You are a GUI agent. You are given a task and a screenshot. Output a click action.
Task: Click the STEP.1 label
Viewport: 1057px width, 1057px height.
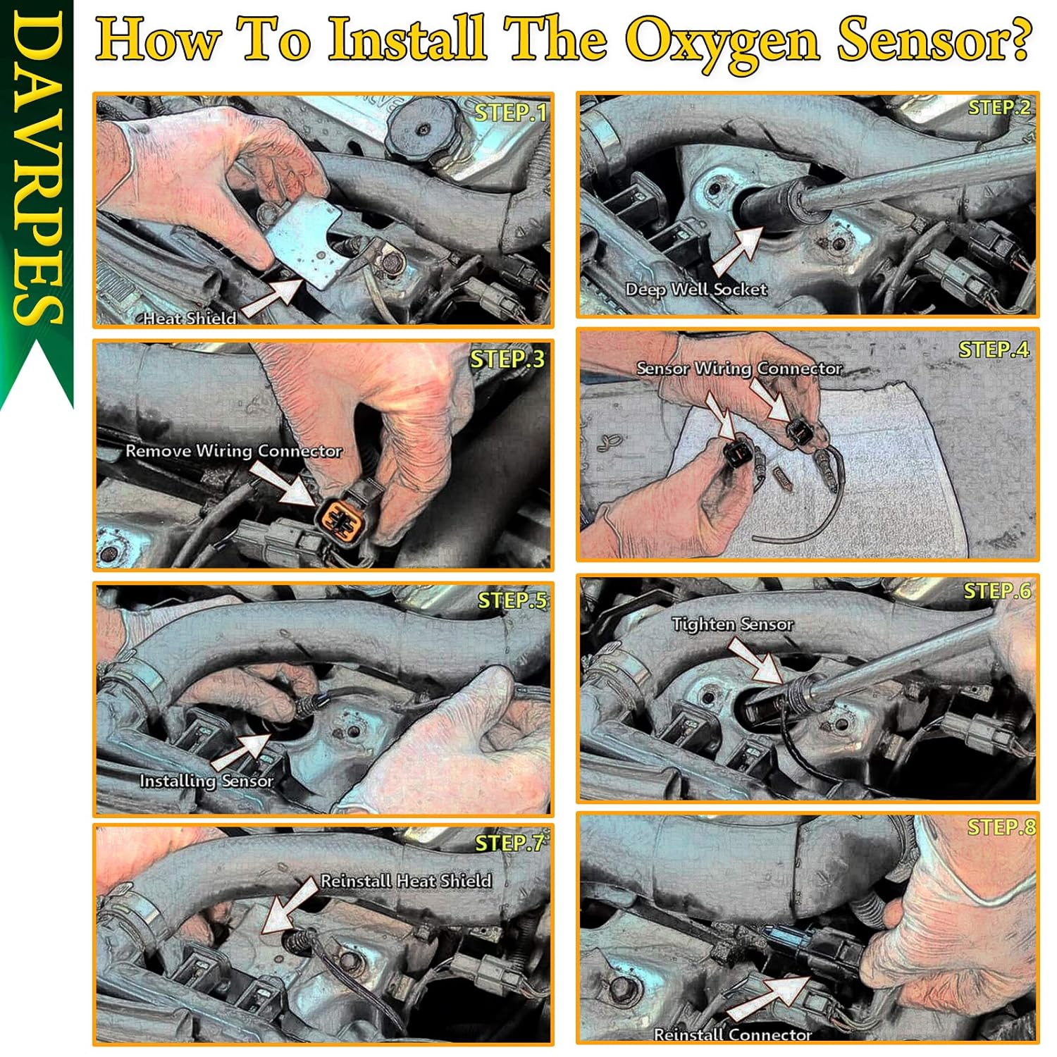(x=510, y=113)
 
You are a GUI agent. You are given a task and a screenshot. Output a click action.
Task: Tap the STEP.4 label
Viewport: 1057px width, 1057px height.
(x=994, y=350)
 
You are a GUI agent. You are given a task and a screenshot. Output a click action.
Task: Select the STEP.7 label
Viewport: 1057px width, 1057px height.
(x=509, y=843)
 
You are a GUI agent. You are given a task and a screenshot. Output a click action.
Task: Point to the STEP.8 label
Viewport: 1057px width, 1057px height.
(x=1001, y=827)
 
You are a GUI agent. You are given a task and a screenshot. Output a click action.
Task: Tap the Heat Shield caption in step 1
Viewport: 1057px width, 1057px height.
(x=190, y=319)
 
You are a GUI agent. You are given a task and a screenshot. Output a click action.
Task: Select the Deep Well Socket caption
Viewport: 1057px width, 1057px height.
(x=696, y=290)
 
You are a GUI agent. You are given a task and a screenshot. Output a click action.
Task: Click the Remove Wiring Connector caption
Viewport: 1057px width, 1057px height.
(x=234, y=451)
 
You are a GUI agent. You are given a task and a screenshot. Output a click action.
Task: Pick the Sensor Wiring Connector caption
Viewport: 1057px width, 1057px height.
(x=739, y=369)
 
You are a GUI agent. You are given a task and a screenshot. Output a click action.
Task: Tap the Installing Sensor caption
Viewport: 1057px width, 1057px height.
(x=206, y=781)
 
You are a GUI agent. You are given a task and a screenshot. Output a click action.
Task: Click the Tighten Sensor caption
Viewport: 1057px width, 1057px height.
(x=732, y=624)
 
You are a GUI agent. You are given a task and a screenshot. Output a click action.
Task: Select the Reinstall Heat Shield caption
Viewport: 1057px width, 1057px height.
(x=406, y=881)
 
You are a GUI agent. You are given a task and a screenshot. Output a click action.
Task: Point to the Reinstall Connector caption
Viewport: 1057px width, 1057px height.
(x=733, y=1034)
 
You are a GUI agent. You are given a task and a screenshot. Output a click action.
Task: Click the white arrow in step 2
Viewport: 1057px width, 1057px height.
(x=738, y=251)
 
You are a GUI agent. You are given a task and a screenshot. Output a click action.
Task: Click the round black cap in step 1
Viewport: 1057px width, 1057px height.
(x=424, y=130)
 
